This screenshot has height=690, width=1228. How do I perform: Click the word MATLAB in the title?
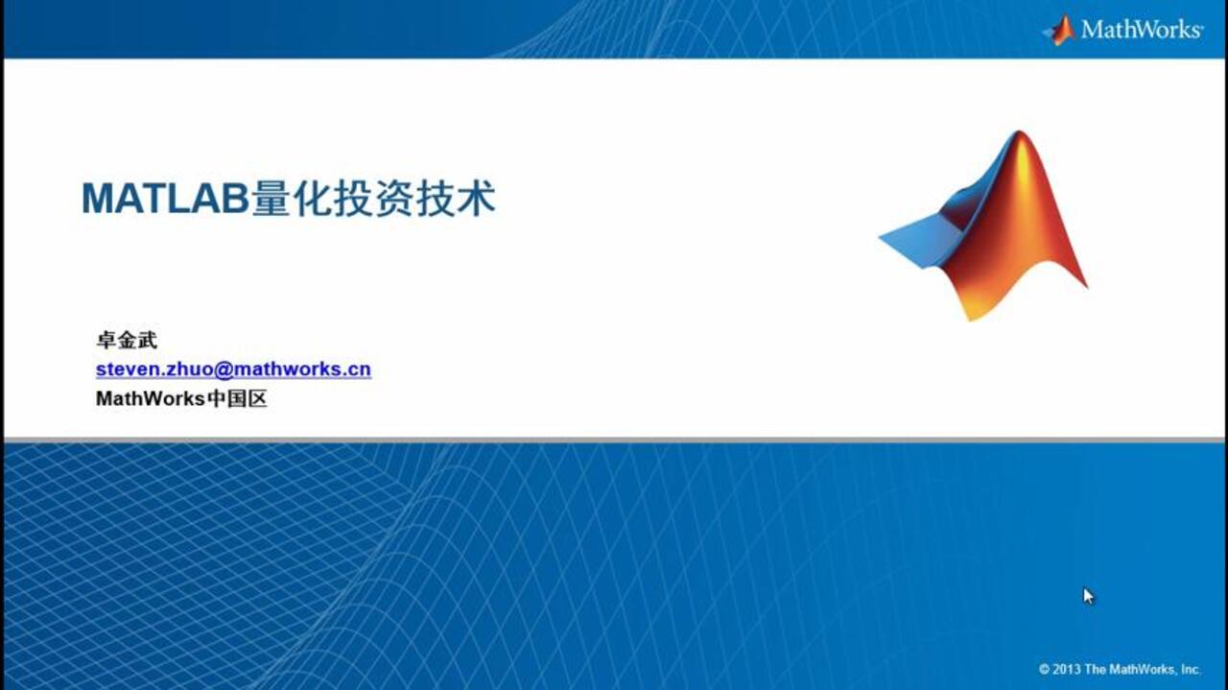click(x=165, y=199)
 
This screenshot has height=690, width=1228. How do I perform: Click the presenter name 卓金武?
click(x=126, y=340)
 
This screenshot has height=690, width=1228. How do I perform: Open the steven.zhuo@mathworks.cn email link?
click(x=233, y=369)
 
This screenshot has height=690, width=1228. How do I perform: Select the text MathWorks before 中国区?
click(x=151, y=398)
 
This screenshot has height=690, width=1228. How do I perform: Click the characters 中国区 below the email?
click(x=236, y=398)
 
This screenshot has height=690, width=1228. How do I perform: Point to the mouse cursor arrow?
click(x=1088, y=595)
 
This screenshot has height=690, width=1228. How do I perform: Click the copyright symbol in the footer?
click(x=1044, y=669)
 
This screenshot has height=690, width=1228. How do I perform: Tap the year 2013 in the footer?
click(x=1067, y=669)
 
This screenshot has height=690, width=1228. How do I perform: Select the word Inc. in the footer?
click(x=1190, y=669)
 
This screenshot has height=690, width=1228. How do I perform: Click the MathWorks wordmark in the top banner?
click(x=1141, y=30)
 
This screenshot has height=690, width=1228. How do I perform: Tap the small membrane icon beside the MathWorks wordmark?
click(x=1059, y=30)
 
